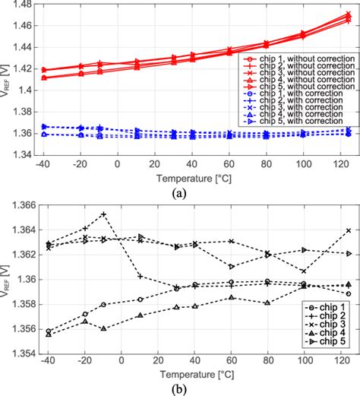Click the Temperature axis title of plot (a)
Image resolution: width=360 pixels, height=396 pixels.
click(x=189, y=176)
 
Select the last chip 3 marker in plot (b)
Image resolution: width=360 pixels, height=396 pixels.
click(x=349, y=230)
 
